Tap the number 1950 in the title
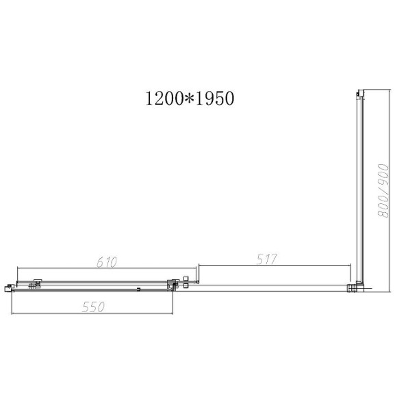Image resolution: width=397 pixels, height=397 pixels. pyautogui.click(x=214, y=99)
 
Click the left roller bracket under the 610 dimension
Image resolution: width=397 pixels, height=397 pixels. pyautogui.click(x=36, y=284)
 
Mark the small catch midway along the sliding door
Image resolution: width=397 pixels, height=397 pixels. pyautogui.click(x=139, y=290)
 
